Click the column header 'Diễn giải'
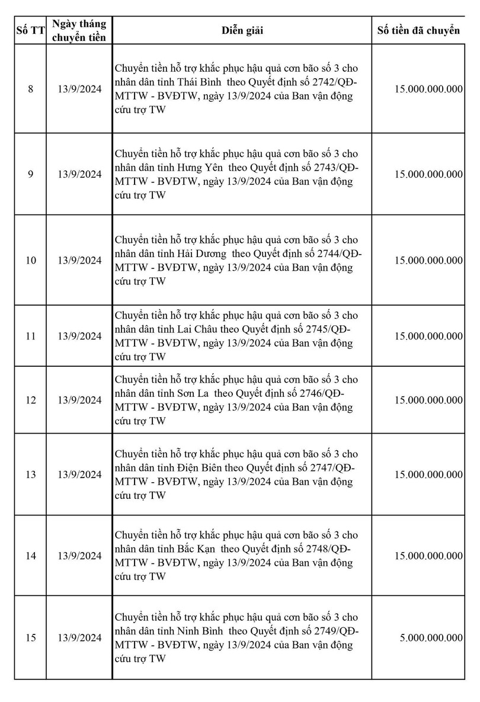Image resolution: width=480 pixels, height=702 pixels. point(242,31)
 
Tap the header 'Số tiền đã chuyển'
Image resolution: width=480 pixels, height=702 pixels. point(418,31)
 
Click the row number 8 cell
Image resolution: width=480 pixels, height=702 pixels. point(31,89)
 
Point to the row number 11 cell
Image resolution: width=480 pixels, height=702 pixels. point(31,336)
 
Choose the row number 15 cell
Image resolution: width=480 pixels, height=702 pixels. point(31,637)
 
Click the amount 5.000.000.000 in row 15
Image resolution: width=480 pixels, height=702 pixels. point(431,637)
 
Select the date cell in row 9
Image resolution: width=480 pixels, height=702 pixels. point(80,174)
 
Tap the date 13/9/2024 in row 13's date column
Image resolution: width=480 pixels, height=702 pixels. point(80,475)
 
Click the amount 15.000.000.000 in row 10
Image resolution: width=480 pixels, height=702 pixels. point(428,260)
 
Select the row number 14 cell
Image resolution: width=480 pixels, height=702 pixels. point(31,556)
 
